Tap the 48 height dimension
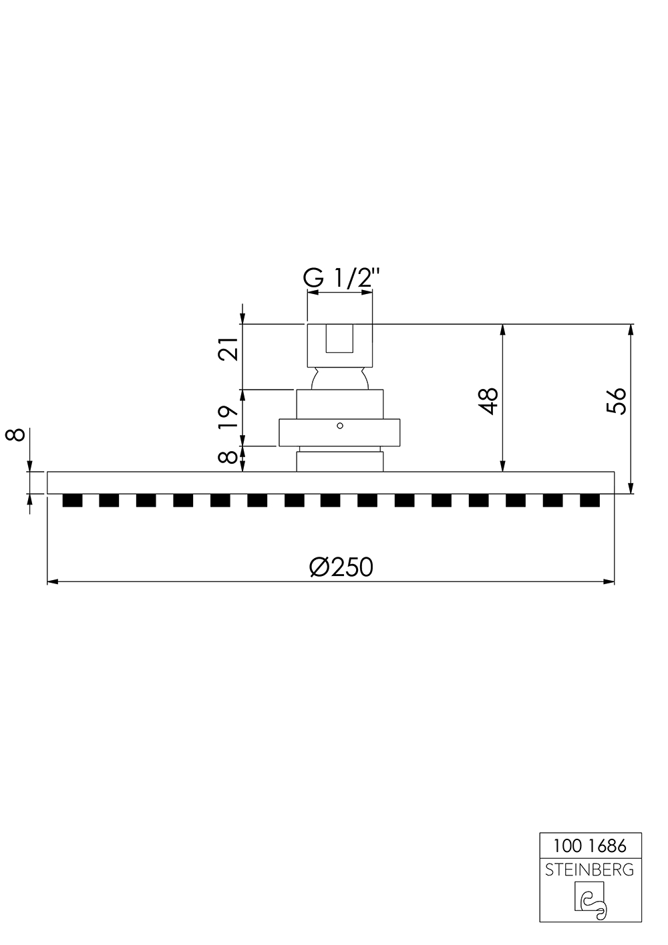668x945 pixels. point(490,401)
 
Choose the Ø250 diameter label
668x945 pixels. point(341,567)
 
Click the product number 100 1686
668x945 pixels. point(590,846)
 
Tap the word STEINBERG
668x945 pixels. point(590,870)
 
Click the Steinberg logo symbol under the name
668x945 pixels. point(590,900)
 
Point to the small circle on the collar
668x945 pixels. point(339,425)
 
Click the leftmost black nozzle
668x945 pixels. point(71,501)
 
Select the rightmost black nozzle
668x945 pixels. point(589,501)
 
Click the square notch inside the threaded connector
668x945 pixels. point(339,339)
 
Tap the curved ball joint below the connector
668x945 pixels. point(339,379)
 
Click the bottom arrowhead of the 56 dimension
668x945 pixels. point(631,489)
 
